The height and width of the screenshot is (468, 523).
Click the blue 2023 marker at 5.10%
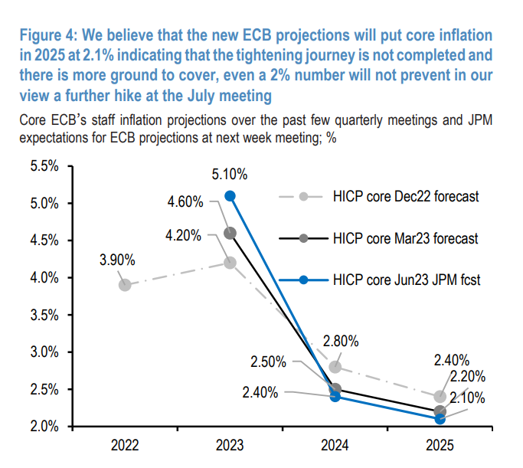click(x=230, y=196)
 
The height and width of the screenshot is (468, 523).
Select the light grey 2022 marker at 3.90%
click(x=125, y=285)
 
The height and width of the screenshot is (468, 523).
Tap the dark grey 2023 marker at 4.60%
click(x=230, y=233)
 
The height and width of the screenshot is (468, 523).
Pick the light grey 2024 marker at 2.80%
click(x=335, y=367)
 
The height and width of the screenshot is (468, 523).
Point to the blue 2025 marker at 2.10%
click(x=440, y=419)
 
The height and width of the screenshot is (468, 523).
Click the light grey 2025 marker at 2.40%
click(x=440, y=397)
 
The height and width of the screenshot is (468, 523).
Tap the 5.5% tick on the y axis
click(x=44, y=166)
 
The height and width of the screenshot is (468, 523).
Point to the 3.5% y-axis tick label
click(x=44, y=315)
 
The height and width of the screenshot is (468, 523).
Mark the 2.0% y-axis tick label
click(x=44, y=427)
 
